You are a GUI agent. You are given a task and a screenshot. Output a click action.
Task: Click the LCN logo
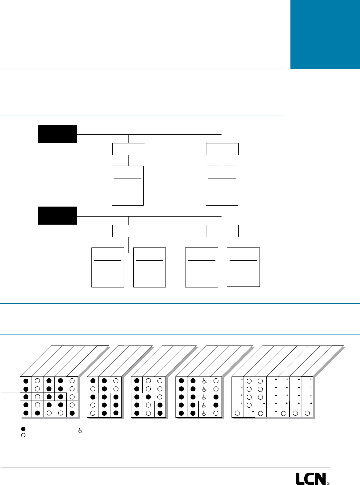click(x=311, y=479)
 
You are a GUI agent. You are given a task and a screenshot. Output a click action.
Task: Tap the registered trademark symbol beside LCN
click(x=328, y=483)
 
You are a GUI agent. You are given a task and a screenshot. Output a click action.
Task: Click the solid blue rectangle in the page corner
click(x=325, y=34)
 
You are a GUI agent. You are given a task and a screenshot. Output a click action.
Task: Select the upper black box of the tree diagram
click(x=58, y=133)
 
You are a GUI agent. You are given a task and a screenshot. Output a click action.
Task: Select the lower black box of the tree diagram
click(x=58, y=215)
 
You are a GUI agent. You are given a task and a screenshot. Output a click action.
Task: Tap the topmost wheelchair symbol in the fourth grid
click(x=204, y=381)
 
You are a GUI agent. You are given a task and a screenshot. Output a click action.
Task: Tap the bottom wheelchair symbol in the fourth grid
click(x=204, y=413)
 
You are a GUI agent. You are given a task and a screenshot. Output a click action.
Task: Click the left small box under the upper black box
click(x=128, y=149)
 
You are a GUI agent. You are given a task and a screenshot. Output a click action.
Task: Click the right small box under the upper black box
click(x=222, y=149)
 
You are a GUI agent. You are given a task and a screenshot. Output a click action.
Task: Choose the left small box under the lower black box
click(x=128, y=231)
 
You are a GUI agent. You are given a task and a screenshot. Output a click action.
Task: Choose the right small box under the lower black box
click(x=222, y=231)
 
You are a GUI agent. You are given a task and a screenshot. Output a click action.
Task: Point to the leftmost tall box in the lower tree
click(x=108, y=267)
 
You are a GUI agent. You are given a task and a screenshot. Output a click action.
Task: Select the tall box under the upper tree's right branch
click(x=222, y=185)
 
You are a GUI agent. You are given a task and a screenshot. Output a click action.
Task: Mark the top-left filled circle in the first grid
click(x=26, y=381)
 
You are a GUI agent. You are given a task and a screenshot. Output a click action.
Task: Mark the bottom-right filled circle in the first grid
click(x=72, y=413)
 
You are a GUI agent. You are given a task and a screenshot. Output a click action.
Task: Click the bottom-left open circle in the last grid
click(x=237, y=413)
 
